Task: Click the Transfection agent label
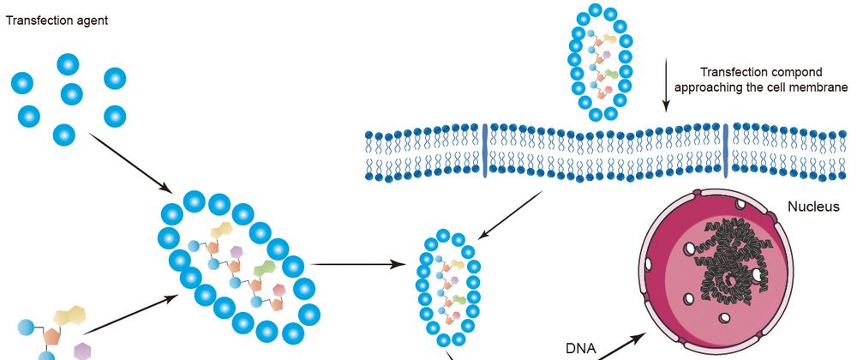click(57, 18)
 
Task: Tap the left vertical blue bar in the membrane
click(485, 152)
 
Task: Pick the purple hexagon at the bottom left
click(83, 350)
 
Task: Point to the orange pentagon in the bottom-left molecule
click(51, 336)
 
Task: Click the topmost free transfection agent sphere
click(69, 64)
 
